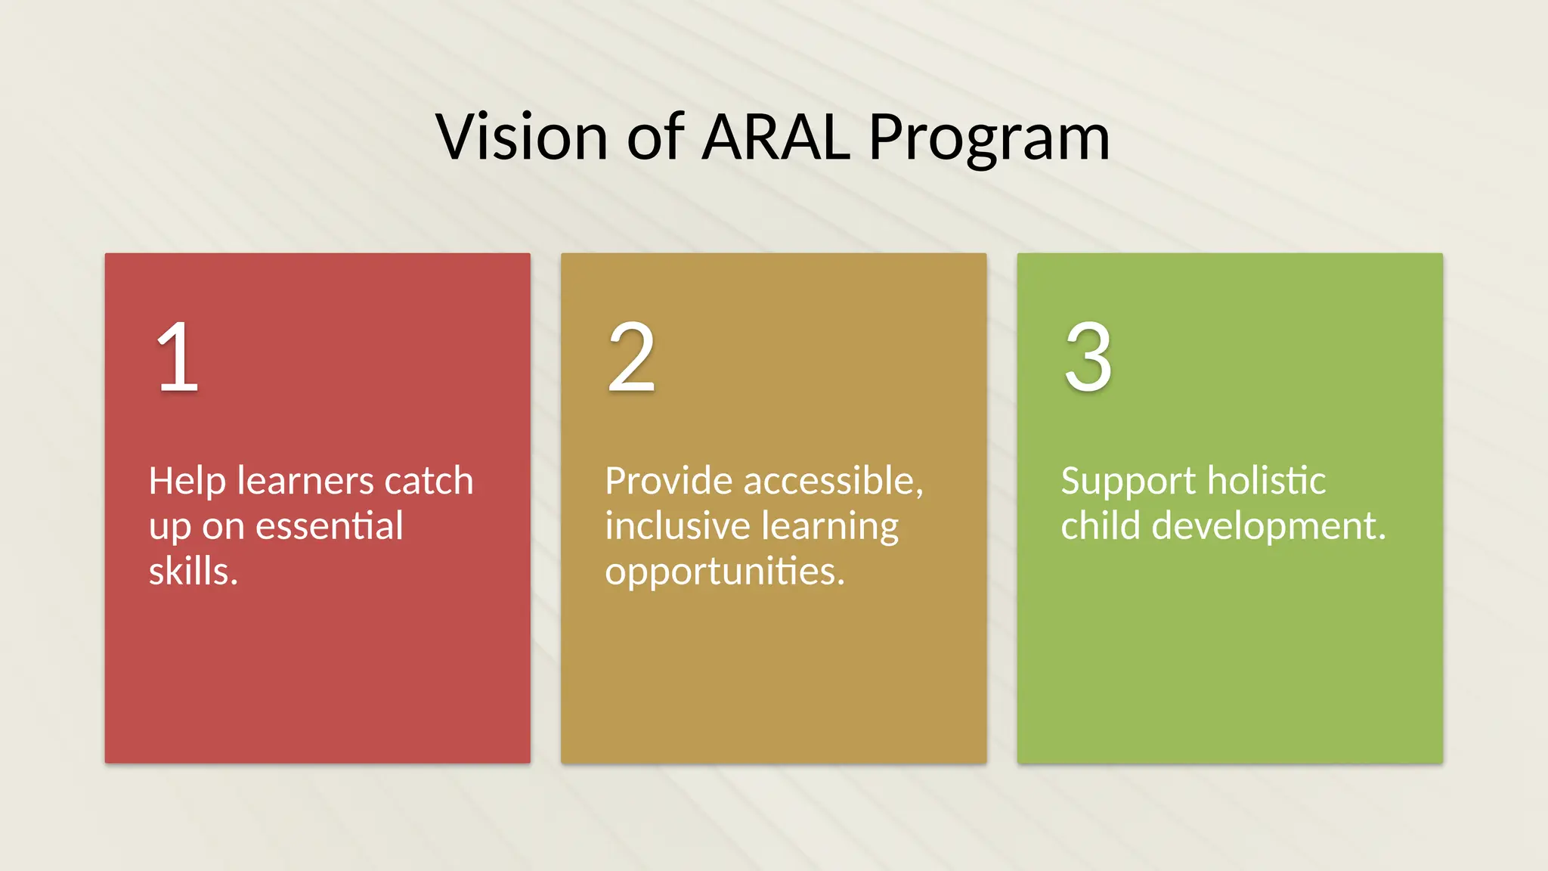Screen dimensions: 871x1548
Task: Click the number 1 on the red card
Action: pyautogui.click(x=178, y=357)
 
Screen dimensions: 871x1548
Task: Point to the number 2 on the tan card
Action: pyautogui.click(x=631, y=357)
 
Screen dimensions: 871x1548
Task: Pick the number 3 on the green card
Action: pyautogui.click(x=1088, y=357)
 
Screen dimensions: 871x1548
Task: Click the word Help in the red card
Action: pyautogui.click(x=187, y=482)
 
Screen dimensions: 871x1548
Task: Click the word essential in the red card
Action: pyautogui.click(x=329, y=525)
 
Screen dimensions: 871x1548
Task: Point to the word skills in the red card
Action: pyautogui.click(x=193, y=571)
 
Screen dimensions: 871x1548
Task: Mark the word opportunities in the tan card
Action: pyautogui.click(x=724, y=572)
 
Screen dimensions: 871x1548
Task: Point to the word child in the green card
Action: pyautogui.click(x=1099, y=525)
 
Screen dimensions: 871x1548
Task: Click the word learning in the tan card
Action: pyautogui.click(x=830, y=527)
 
